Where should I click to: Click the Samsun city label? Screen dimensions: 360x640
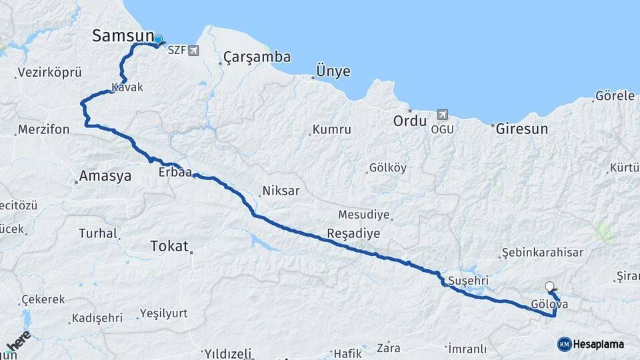point(123,36)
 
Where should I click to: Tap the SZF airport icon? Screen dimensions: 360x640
point(193,50)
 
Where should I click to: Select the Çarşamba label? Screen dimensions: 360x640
point(257,57)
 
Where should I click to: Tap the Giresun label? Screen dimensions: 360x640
point(522,129)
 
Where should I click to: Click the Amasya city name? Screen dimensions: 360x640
point(105,177)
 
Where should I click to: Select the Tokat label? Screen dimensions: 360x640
point(169,246)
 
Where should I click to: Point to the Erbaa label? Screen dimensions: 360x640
point(175,173)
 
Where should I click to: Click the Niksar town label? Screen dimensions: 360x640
point(281,191)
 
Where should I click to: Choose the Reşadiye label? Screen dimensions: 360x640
point(353,233)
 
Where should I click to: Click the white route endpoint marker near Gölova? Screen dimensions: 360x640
point(549,287)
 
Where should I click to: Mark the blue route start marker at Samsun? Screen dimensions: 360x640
point(158,40)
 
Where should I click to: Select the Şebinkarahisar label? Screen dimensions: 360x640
point(543,253)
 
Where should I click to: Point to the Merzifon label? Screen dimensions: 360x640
point(44,129)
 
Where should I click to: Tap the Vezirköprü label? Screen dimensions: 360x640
point(49,72)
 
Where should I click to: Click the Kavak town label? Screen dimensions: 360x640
point(127,87)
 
